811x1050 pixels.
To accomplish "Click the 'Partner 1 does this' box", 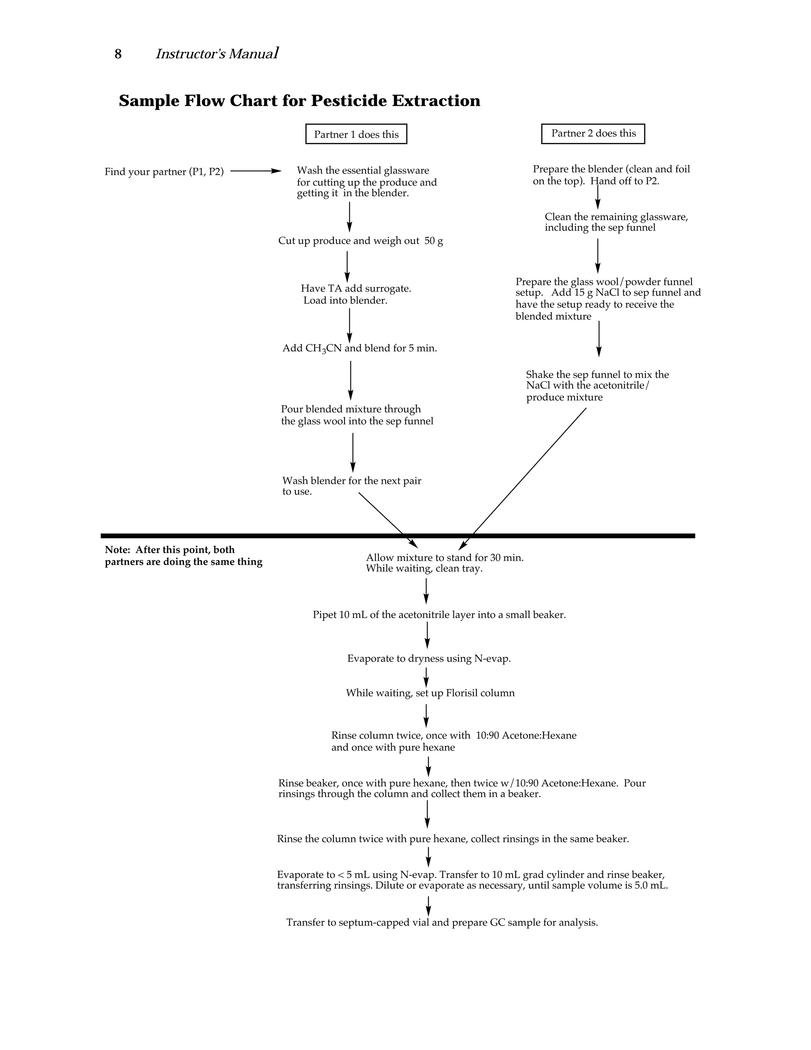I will [x=356, y=134].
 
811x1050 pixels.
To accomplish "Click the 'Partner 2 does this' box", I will [x=593, y=134].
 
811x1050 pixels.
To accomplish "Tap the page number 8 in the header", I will [x=118, y=54].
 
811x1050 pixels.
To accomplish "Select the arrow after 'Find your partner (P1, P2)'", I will [x=255, y=171].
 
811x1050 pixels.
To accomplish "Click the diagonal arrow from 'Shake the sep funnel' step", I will [x=524, y=478].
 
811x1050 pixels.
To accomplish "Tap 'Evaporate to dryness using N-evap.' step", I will [x=428, y=659].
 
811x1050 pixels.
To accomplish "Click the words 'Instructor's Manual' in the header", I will [x=217, y=54].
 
